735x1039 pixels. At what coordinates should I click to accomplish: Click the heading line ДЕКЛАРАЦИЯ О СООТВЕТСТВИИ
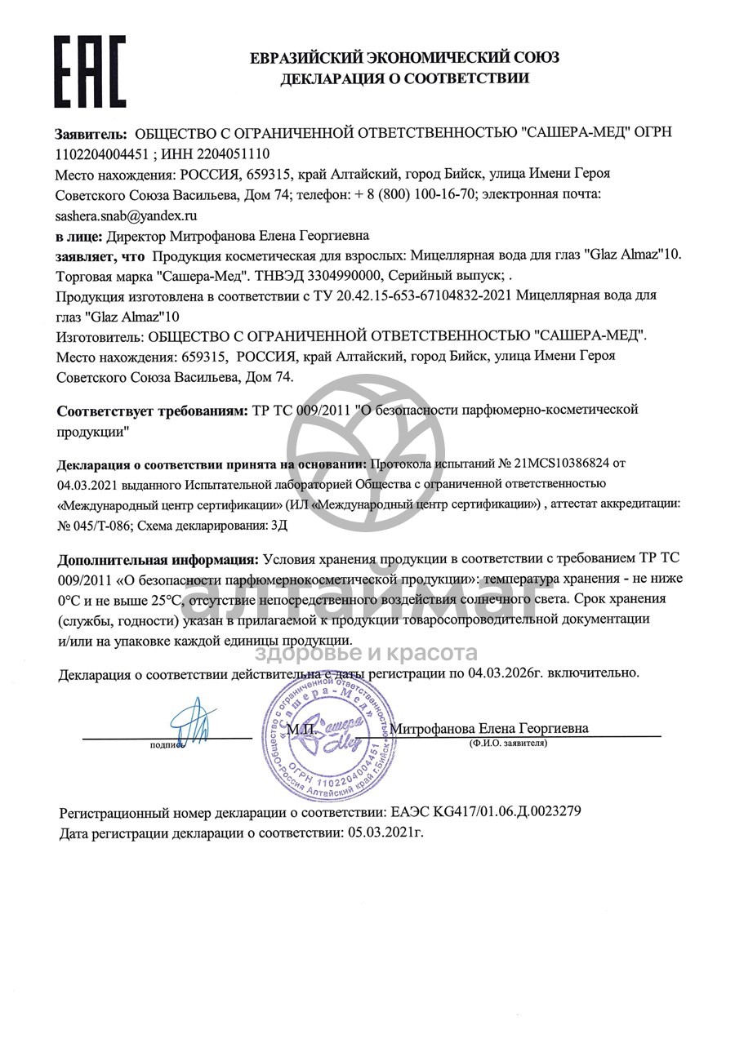click(x=405, y=78)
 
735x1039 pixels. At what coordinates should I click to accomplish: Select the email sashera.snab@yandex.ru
click(x=127, y=215)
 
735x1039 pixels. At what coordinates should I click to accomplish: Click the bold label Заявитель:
click(x=91, y=133)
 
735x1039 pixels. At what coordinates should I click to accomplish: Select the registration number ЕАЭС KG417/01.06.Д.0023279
click(x=487, y=813)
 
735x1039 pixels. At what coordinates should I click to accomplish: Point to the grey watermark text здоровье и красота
click(x=367, y=652)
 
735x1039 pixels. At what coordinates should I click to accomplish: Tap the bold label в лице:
click(x=79, y=236)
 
